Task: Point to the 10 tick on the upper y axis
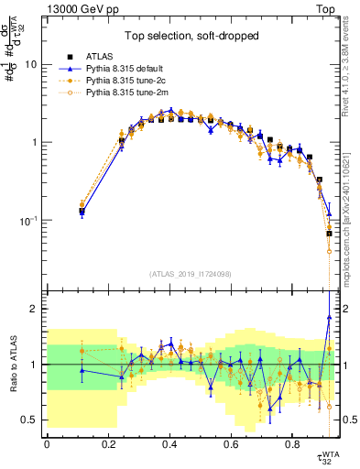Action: click(x=33, y=65)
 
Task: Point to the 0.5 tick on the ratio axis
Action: click(x=30, y=420)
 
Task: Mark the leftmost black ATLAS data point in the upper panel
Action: click(x=82, y=212)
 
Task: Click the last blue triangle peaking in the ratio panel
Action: click(x=328, y=317)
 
